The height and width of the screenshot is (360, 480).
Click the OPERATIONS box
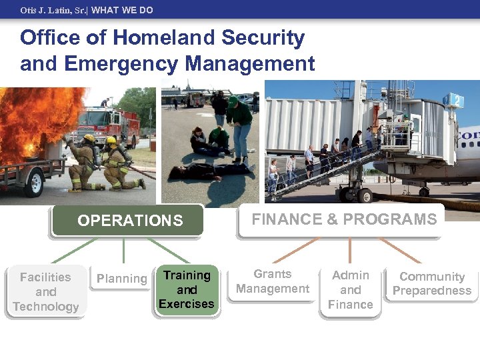coord(129,221)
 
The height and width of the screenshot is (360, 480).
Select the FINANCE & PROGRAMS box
coord(344,219)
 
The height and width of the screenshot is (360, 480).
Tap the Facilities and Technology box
coord(45,292)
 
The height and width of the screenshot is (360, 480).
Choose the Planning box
coord(121,279)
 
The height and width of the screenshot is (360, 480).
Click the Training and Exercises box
coord(187,289)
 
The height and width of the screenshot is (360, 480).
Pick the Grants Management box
coord(273,282)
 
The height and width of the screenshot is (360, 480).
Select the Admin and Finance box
coord(350,290)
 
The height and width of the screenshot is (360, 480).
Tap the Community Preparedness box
coord(431,283)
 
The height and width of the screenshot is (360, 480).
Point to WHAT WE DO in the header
coord(122,10)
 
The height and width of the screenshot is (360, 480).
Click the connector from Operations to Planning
coord(123,252)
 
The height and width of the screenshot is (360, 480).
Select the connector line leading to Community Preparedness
coord(400,251)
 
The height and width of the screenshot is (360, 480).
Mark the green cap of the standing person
coord(233,101)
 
